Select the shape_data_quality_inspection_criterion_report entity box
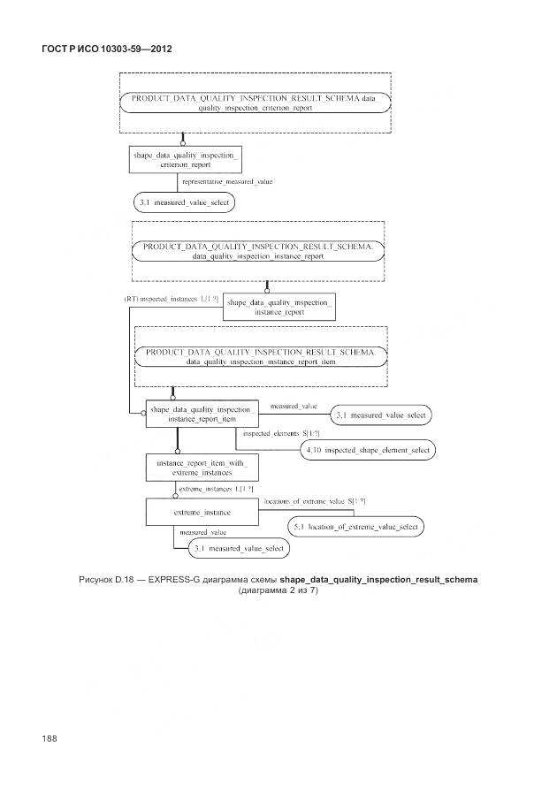184,158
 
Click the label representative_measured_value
227,181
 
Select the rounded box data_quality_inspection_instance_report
257,250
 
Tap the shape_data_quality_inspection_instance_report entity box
279,306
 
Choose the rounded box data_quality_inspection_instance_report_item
260,356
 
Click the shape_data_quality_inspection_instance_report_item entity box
202,415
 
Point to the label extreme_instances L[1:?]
217,489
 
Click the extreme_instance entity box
202,512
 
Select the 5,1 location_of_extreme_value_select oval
355,527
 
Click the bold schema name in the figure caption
378,579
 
